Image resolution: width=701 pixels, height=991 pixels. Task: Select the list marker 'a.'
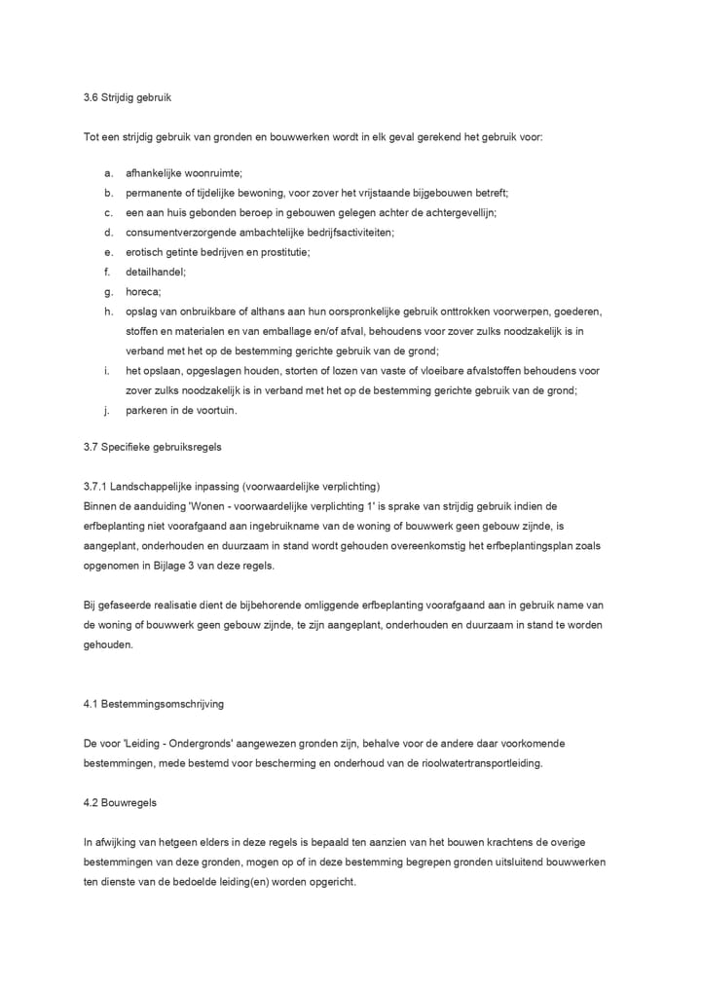tap(107, 172)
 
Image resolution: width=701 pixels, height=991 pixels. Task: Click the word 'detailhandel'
tap(156, 272)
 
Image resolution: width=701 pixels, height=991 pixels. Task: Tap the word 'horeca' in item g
tap(143, 291)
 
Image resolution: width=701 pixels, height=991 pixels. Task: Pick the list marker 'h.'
tap(107, 311)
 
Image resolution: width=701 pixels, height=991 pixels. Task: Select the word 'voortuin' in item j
tap(215, 410)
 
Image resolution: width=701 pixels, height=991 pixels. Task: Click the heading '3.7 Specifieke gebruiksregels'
tap(153, 447)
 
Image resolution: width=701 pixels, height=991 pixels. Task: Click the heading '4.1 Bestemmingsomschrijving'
tap(154, 703)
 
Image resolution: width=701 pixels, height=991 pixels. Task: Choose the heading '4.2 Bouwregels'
tap(121, 803)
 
